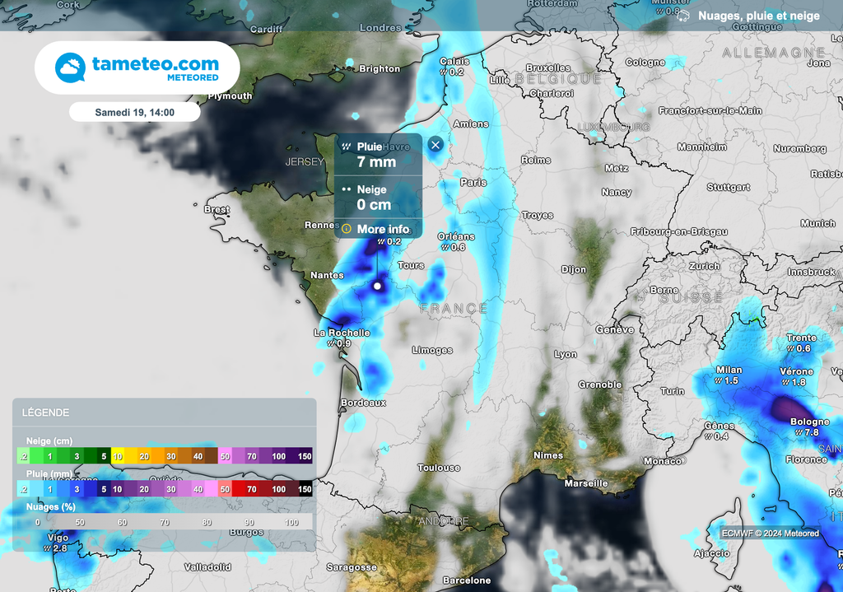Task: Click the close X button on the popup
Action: click(x=435, y=145)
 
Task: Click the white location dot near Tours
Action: click(x=378, y=286)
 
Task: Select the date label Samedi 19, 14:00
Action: click(x=134, y=111)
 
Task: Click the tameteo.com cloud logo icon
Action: click(x=70, y=68)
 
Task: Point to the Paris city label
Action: click(x=473, y=182)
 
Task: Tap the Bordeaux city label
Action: click(x=363, y=403)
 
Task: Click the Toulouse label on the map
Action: click(x=439, y=468)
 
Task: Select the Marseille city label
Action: click(x=586, y=483)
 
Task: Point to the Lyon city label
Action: click(x=566, y=354)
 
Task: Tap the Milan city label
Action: click(x=729, y=370)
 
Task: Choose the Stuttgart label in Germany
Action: click(x=729, y=187)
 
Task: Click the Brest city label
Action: click(x=217, y=209)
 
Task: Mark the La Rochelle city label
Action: click(x=342, y=333)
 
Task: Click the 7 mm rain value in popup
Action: click(x=376, y=162)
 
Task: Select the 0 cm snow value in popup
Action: click(x=375, y=204)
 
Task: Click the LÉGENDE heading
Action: click(x=45, y=413)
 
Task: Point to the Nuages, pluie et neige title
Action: click(x=758, y=16)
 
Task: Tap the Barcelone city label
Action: click(x=467, y=580)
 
